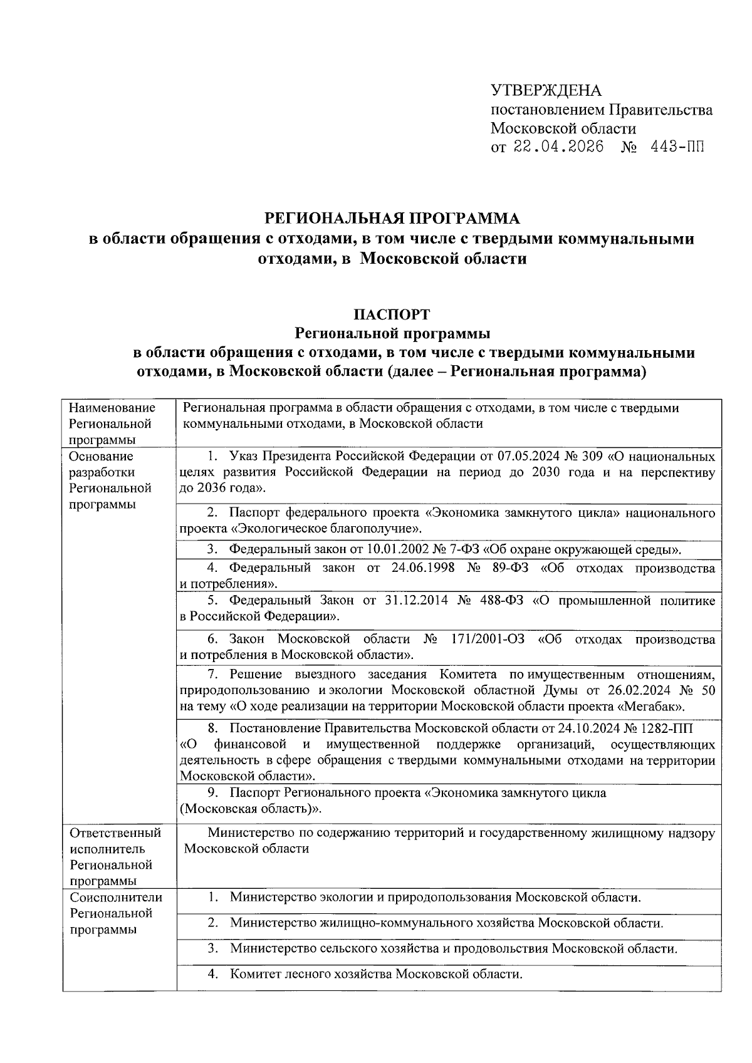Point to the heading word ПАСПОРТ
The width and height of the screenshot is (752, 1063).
click(392, 313)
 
